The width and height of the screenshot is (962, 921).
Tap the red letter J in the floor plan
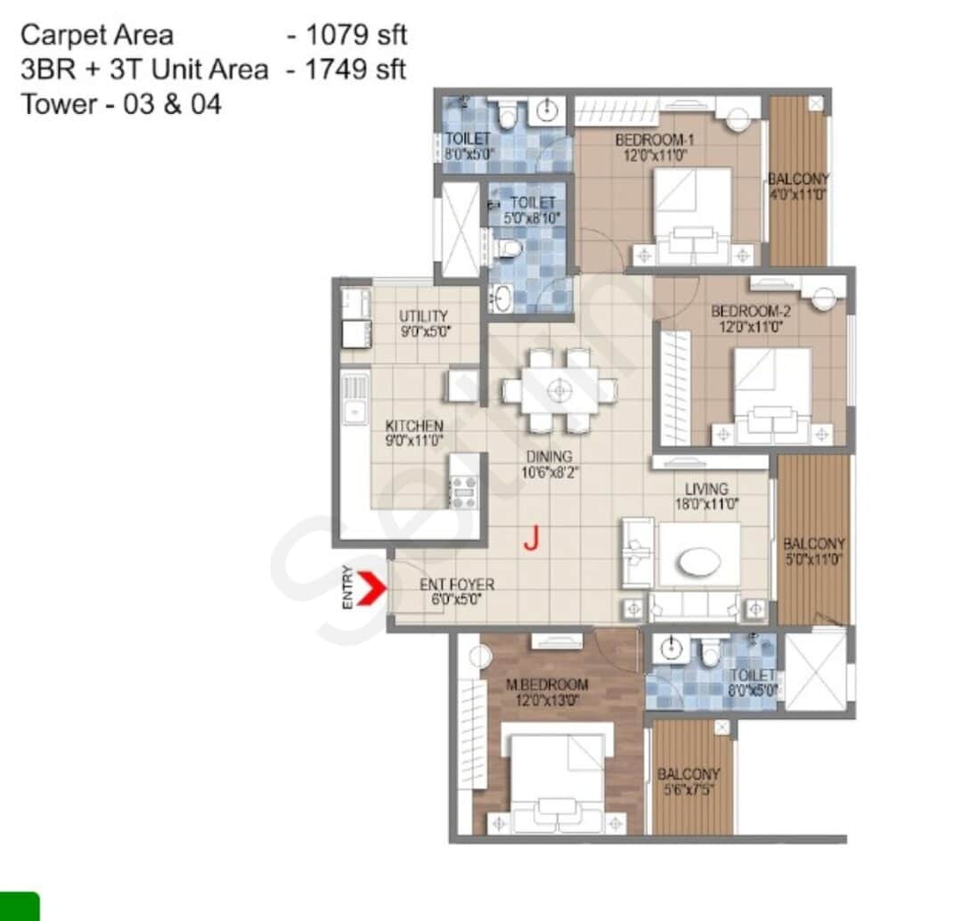point(532,538)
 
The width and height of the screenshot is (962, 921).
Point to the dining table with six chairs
point(559,390)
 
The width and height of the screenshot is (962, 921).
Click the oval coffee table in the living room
point(699,562)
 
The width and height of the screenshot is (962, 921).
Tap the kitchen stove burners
point(464,491)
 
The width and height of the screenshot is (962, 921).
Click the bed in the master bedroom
point(558,775)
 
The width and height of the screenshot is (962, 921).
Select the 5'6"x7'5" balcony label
point(688,782)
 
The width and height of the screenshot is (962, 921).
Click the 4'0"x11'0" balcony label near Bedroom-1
point(798,186)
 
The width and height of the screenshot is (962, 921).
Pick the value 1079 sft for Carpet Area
point(356,36)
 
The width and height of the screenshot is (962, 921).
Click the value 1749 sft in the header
point(356,69)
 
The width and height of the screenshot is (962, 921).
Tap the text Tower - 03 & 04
point(121,104)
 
